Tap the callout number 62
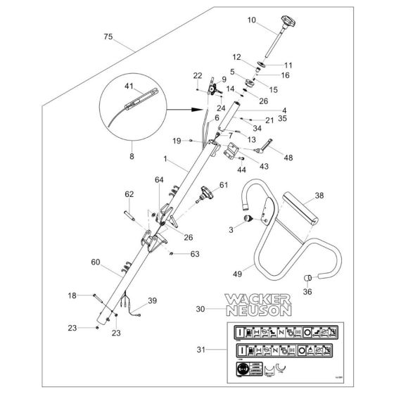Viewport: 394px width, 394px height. (x=129, y=194)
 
